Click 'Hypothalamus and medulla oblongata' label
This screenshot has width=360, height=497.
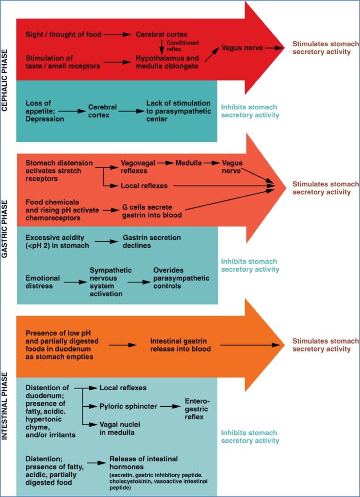point(167,62)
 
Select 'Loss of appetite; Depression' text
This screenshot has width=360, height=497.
point(45,111)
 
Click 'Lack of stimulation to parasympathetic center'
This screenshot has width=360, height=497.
point(179,111)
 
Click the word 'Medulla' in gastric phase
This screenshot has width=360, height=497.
point(189,163)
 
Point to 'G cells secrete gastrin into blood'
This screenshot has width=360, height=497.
point(152,211)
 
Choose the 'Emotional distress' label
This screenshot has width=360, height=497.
point(43,282)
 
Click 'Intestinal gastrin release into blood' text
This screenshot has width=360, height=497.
point(180,345)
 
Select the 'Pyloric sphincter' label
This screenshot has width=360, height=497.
point(128,406)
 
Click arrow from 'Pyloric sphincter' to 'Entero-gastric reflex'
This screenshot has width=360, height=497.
point(169,406)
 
